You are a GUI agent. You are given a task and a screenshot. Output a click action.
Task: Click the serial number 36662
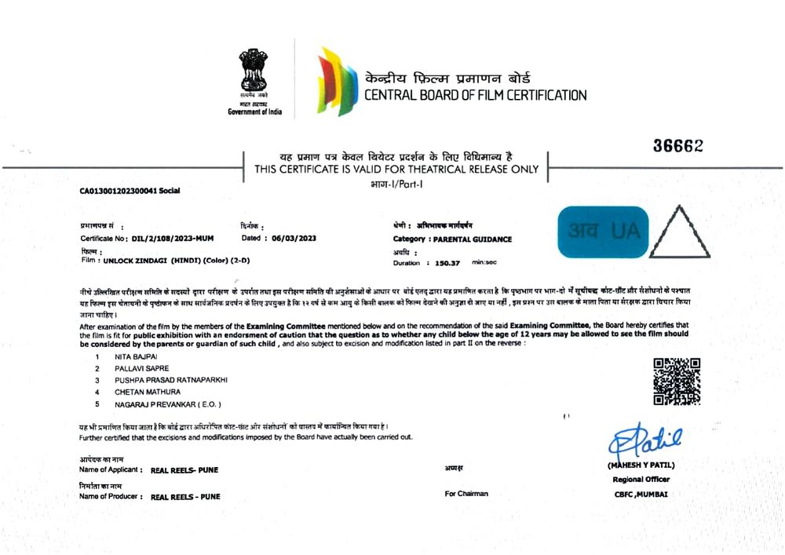pos(677,146)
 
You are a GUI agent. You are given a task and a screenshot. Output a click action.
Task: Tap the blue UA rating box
pos(603,232)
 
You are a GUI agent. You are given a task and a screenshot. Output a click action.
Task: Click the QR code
pos(677,382)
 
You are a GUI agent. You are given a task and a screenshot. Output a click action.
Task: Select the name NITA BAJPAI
pos(137,356)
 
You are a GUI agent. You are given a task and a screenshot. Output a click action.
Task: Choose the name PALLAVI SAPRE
pos(141,368)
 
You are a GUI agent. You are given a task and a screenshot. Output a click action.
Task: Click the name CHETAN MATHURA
pos(147,392)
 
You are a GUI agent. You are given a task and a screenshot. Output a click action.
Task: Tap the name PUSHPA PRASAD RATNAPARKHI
pos(170,380)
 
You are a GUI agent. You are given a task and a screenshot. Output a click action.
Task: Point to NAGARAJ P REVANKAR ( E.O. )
pos(168,404)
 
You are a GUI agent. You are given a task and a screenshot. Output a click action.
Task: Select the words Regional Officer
pos(640,479)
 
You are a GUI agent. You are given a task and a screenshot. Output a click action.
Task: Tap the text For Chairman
pos(466,494)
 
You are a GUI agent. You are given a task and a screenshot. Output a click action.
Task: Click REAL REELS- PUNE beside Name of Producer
pos(185,497)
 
